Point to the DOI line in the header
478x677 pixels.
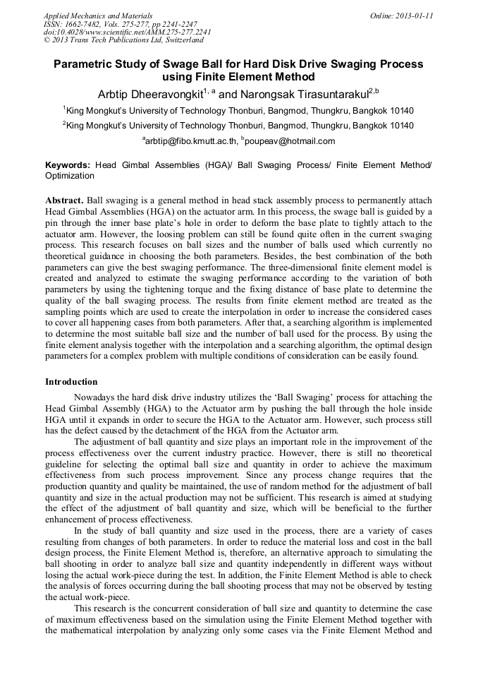click(x=127, y=32)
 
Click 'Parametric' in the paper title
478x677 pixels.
click(x=85, y=64)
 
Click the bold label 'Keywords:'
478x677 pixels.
click(x=68, y=164)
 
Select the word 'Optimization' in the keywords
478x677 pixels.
click(x=69, y=175)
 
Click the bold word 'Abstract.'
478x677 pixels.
click(x=64, y=200)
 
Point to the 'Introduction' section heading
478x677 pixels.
click(x=71, y=382)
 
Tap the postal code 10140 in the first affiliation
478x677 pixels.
click(x=401, y=110)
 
